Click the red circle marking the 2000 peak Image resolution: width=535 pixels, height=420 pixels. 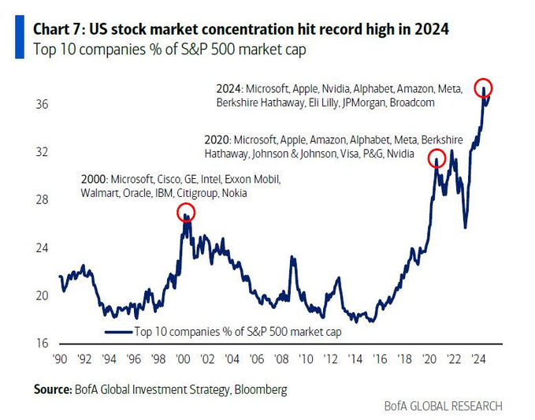(x=186, y=213)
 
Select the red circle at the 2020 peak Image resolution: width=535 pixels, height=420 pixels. (x=436, y=158)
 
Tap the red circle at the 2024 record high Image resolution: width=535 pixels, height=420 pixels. (x=484, y=87)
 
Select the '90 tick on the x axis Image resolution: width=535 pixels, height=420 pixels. (x=60, y=359)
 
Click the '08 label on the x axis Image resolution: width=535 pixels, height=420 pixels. (x=282, y=359)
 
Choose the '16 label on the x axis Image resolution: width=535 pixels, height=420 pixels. (x=381, y=359)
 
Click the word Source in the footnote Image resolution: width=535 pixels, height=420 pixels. (x=53, y=389)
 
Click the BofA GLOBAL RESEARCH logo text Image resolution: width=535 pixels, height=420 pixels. (x=443, y=406)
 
